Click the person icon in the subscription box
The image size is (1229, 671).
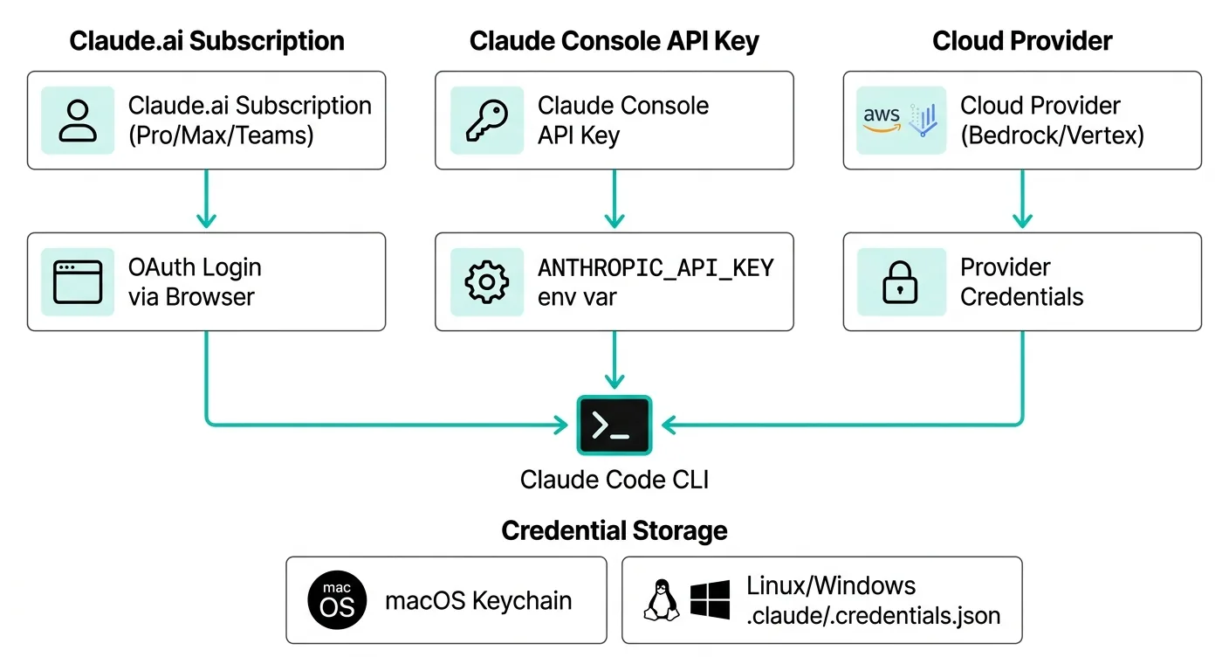[x=78, y=121]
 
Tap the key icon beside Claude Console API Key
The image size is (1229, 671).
[x=487, y=121]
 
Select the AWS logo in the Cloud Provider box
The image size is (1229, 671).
[x=881, y=119]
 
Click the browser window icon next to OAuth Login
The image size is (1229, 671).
[x=78, y=282]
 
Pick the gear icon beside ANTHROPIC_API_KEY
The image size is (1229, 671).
[x=487, y=282]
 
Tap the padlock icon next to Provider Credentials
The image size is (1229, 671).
[x=900, y=282]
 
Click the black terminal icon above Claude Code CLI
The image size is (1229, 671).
[x=614, y=425]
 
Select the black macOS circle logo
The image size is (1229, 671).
[x=337, y=599]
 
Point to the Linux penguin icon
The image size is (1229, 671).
[x=662, y=600]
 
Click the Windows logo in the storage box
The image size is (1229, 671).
[x=710, y=600]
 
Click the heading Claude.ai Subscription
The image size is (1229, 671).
[x=207, y=41]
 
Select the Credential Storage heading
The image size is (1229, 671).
[x=614, y=531]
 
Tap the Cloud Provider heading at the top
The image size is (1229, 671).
[x=1022, y=41]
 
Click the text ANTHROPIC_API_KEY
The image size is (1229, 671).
[x=656, y=268]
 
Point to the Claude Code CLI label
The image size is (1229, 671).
[x=614, y=480]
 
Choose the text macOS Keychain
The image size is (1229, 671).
[x=478, y=601]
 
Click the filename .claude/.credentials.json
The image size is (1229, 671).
[x=874, y=616]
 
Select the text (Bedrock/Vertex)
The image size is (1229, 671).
[x=1053, y=135]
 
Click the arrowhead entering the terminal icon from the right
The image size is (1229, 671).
[x=669, y=425]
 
